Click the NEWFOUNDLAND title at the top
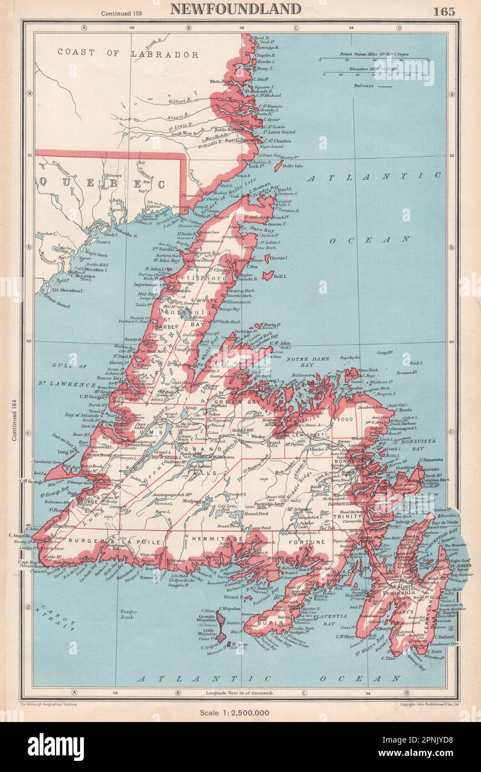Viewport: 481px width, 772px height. coord(236,9)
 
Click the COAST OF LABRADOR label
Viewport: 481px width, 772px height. coord(128,54)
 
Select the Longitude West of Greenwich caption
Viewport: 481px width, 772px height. coord(241,693)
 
